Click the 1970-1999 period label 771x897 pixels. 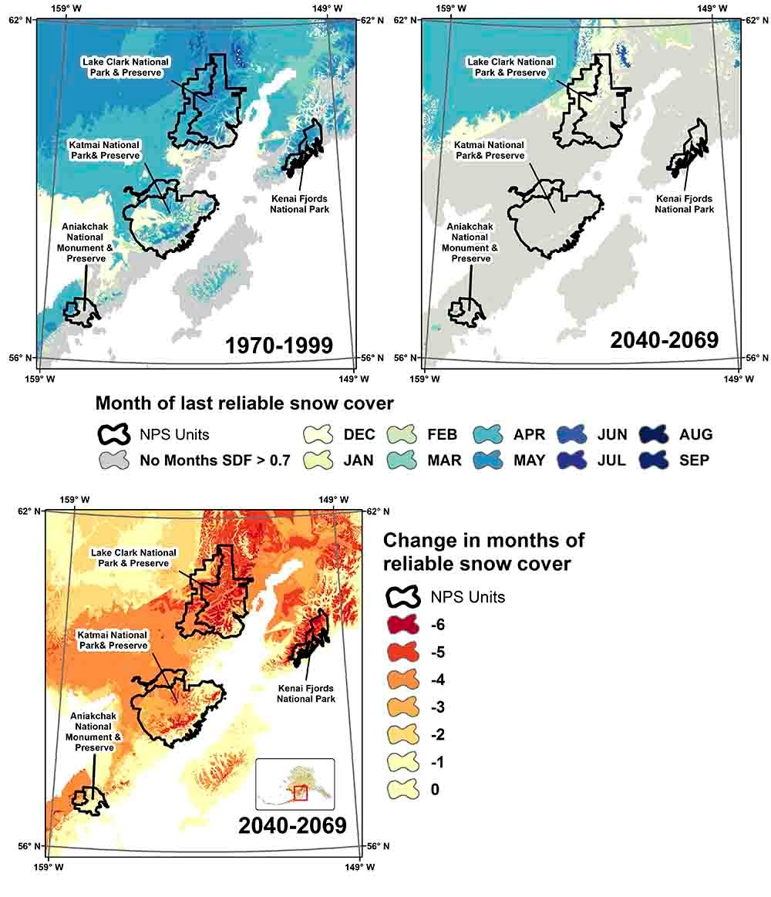[278, 346]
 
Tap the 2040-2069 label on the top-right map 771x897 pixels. [664, 340]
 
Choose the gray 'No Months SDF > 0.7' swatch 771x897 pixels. [115, 461]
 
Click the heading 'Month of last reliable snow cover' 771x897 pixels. [244, 403]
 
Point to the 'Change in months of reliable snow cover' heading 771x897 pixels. [484, 551]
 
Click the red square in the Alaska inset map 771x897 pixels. [300, 793]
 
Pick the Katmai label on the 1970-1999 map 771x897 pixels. [104, 150]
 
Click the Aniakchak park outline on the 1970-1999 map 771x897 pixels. [81, 312]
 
